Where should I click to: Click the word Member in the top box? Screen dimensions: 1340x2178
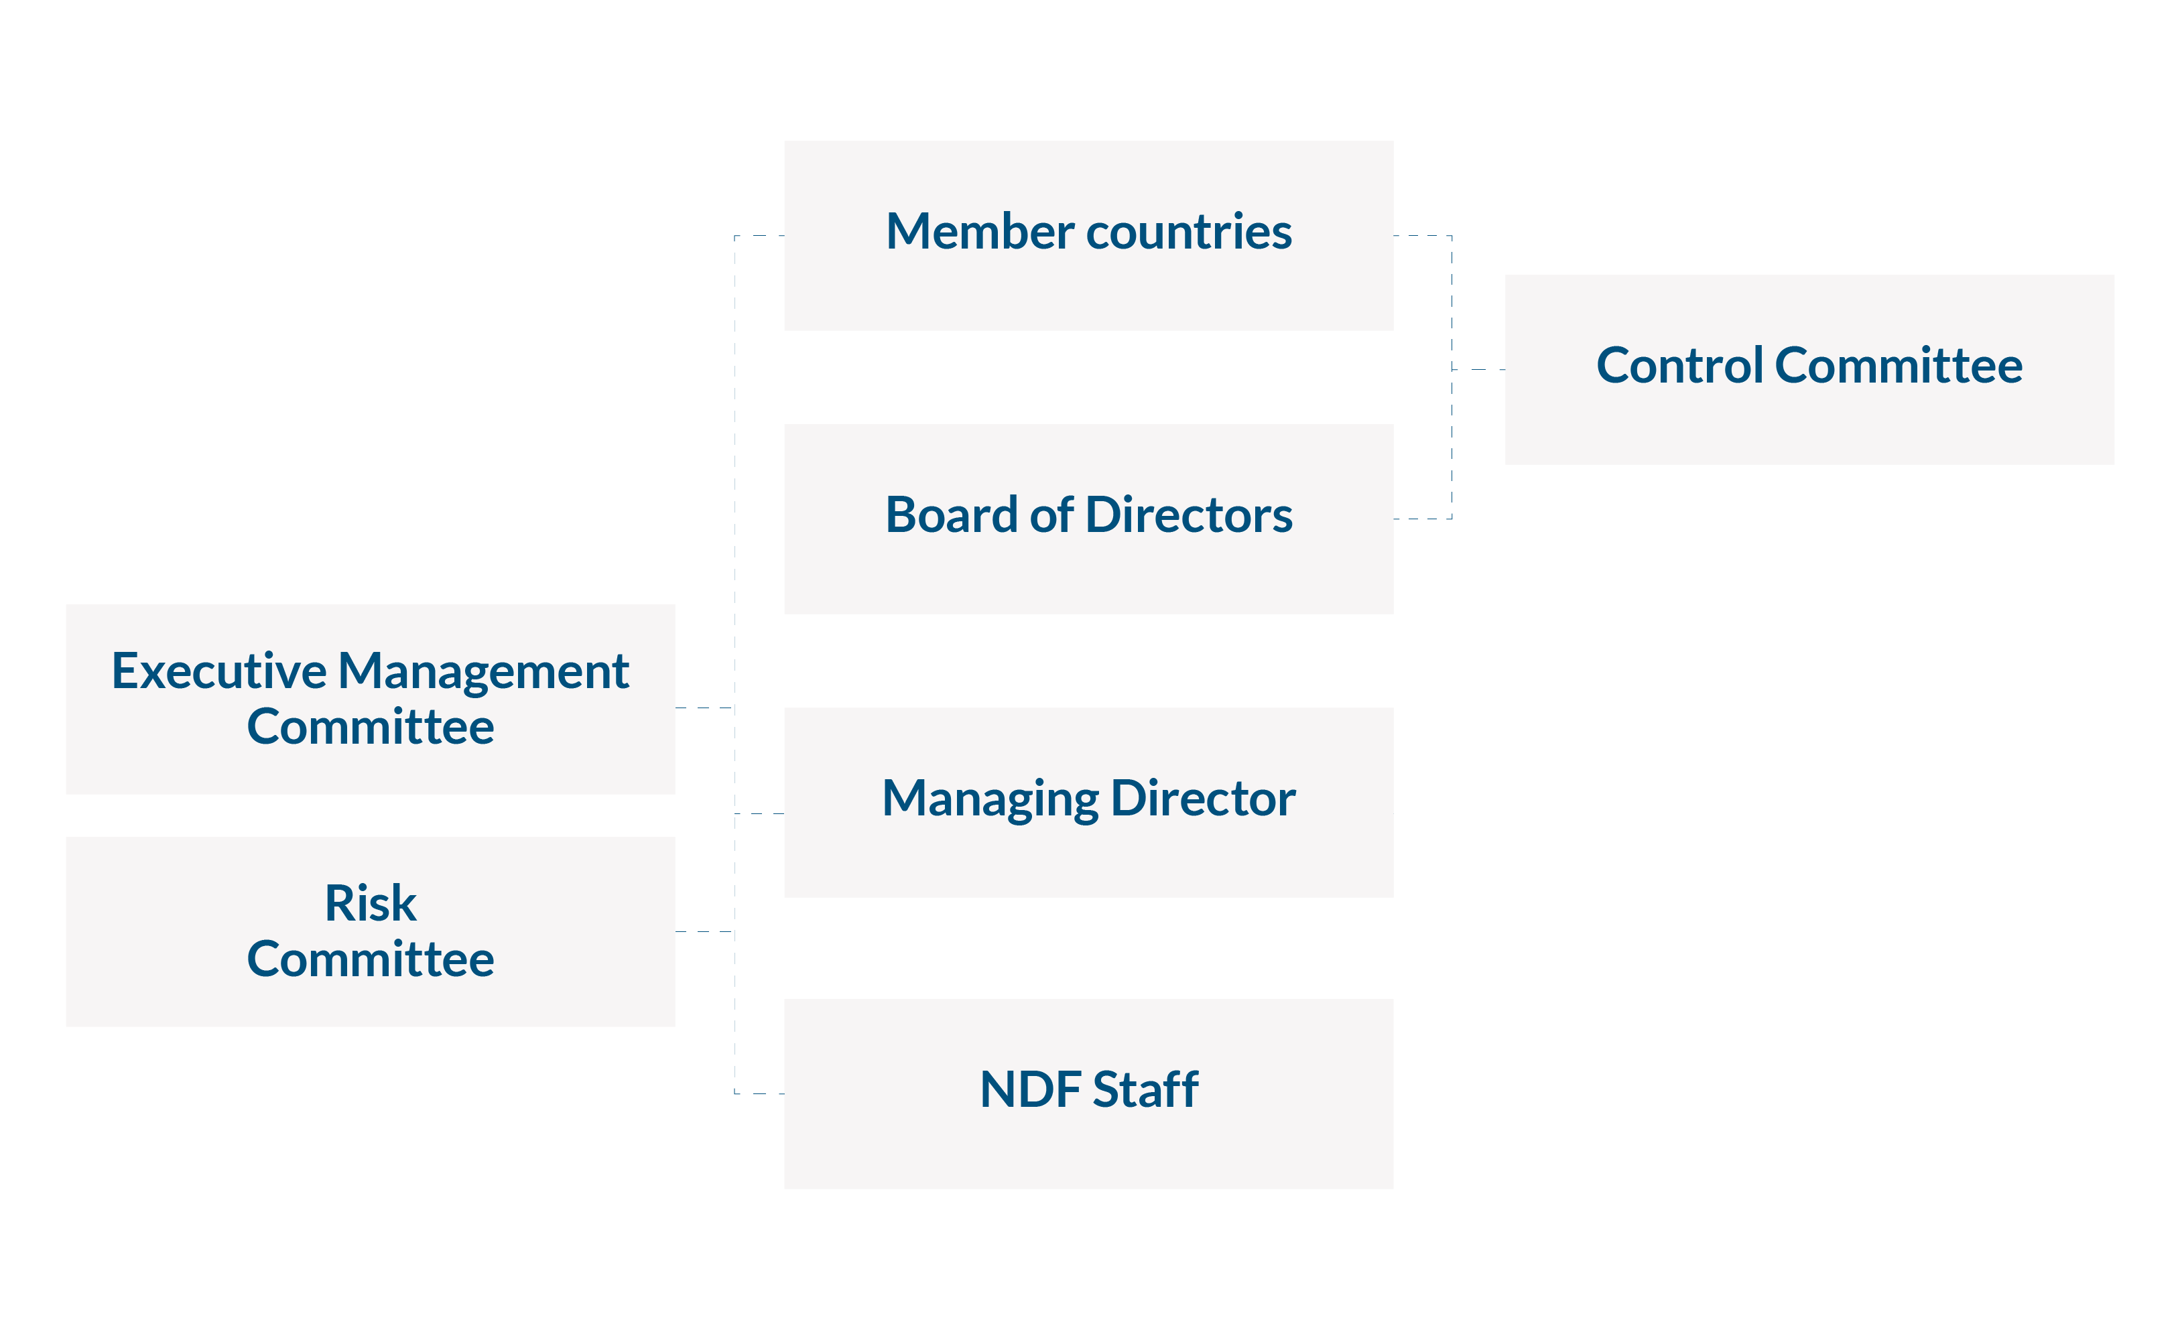point(980,232)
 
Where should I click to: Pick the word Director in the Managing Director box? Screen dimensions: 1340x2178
point(1203,799)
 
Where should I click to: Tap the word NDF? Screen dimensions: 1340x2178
point(1030,1090)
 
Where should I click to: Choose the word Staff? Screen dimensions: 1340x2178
point(1145,1090)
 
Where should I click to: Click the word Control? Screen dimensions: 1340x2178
point(1680,366)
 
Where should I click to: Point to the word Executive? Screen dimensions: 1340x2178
point(218,672)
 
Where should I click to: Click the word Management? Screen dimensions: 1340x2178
point(484,672)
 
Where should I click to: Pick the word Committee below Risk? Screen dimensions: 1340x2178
point(371,960)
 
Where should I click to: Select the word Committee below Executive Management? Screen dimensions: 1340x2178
point(371,728)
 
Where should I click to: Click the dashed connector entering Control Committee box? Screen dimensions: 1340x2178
point(1480,370)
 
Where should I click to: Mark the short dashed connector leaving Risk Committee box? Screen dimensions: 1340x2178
point(705,933)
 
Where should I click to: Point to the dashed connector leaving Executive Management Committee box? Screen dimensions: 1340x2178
point(705,708)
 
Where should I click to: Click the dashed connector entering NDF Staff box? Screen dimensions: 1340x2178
point(761,1095)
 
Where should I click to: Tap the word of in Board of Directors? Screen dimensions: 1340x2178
point(1052,515)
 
